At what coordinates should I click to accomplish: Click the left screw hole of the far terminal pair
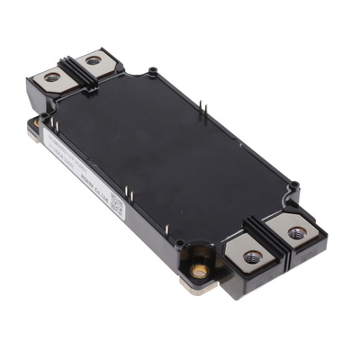tap(52, 78)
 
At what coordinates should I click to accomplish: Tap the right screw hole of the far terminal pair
tap(94, 61)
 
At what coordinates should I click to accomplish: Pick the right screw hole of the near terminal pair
tap(296, 234)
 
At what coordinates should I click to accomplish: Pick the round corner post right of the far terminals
tap(153, 68)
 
